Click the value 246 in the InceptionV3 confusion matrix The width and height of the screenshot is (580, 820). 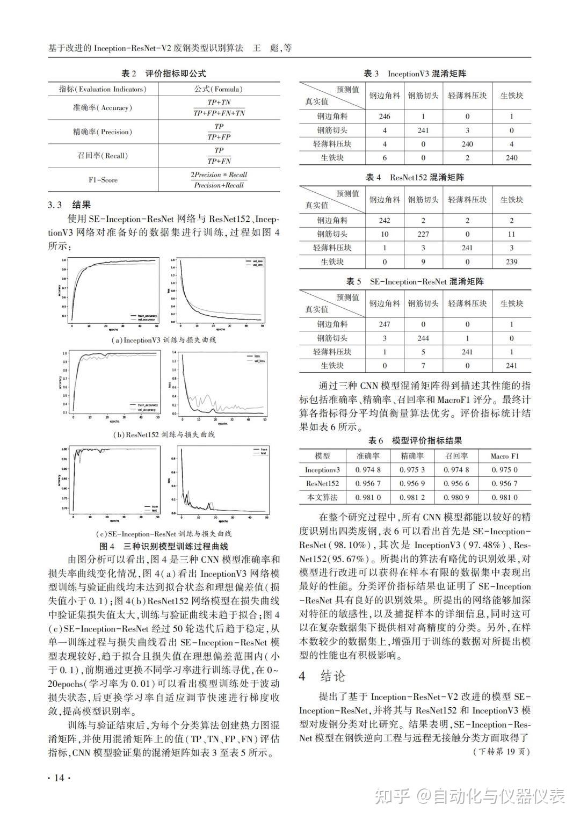[384, 116]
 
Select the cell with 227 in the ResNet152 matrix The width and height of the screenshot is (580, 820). [423, 234]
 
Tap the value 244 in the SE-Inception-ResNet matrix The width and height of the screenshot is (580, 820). [423, 338]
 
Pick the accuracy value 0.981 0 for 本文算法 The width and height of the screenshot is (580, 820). [368, 497]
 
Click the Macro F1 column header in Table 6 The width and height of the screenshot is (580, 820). [504, 456]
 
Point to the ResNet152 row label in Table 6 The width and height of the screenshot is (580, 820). [322, 483]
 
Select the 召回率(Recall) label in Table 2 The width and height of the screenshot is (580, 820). [102, 156]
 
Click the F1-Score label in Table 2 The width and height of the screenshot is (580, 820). [103, 180]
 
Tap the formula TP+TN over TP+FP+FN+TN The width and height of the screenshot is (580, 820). [219, 107]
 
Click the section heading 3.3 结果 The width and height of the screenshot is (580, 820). [69, 205]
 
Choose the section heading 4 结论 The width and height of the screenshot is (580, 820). [323, 676]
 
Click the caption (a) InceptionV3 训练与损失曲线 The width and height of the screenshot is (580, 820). [164, 340]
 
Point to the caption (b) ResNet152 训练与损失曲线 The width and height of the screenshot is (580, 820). [163, 434]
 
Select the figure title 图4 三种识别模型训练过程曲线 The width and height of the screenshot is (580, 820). [164, 547]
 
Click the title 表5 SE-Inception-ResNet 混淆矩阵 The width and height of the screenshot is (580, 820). [415, 281]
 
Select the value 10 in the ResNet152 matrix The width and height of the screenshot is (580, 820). [385, 234]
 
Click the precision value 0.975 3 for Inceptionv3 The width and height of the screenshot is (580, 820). [412, 469]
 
